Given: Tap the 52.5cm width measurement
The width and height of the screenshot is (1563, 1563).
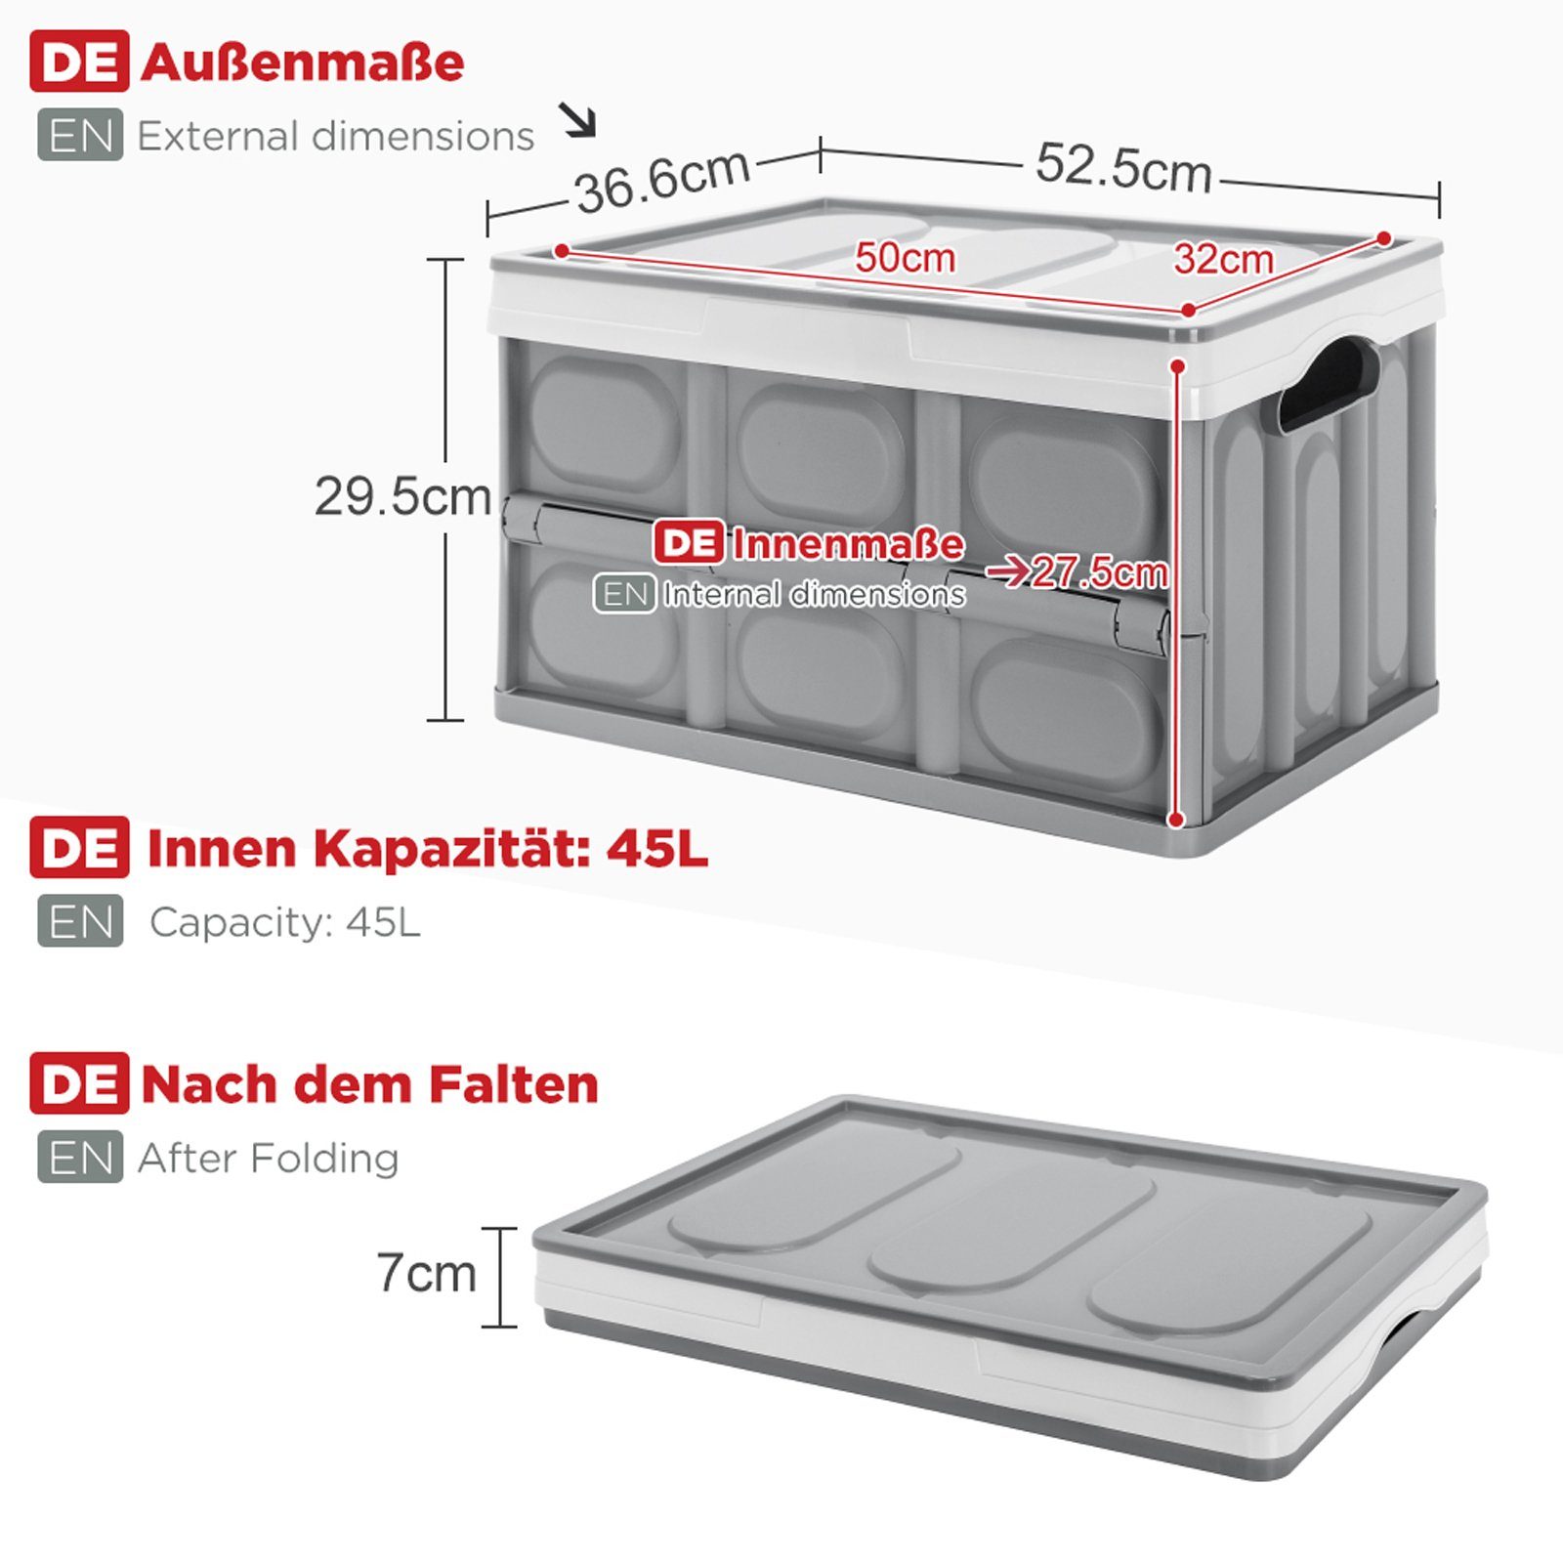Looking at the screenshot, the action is [x=1123, y=166].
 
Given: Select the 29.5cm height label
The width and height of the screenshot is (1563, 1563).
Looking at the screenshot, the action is [x=402, y=496].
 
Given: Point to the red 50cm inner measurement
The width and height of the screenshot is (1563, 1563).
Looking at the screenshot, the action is [x=905, y=258].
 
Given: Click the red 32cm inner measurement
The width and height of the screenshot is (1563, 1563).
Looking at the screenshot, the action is [x=1223, y=259].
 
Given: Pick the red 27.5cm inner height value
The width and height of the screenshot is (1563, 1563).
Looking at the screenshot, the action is [x=1099, y=571].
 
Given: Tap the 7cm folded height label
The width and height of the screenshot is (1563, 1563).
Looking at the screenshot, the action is [x=427, y=1273].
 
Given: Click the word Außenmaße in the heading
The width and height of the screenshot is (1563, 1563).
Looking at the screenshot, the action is [x=303, y=63].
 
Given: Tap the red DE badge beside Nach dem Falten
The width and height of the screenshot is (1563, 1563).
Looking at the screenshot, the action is [x=79, y=1083].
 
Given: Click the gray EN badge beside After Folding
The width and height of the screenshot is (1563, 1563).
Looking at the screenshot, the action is [x=80, y=1157].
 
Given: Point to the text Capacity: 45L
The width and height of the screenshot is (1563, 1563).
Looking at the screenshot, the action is [x=285, y=921].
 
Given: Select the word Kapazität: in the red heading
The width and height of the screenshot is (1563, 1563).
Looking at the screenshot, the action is [x=450, y=848].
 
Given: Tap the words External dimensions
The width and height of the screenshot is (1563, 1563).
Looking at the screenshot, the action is [x=336, y=136].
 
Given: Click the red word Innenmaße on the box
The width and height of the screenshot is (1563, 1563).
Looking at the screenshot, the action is [x=848, y=544].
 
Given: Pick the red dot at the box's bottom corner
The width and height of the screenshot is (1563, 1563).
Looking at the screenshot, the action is [x=1177, y=820].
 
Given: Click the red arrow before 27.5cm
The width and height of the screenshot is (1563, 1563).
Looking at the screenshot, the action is [x=1007, y=570].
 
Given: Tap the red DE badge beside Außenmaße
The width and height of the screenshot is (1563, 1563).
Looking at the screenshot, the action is [x=79, y=62].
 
